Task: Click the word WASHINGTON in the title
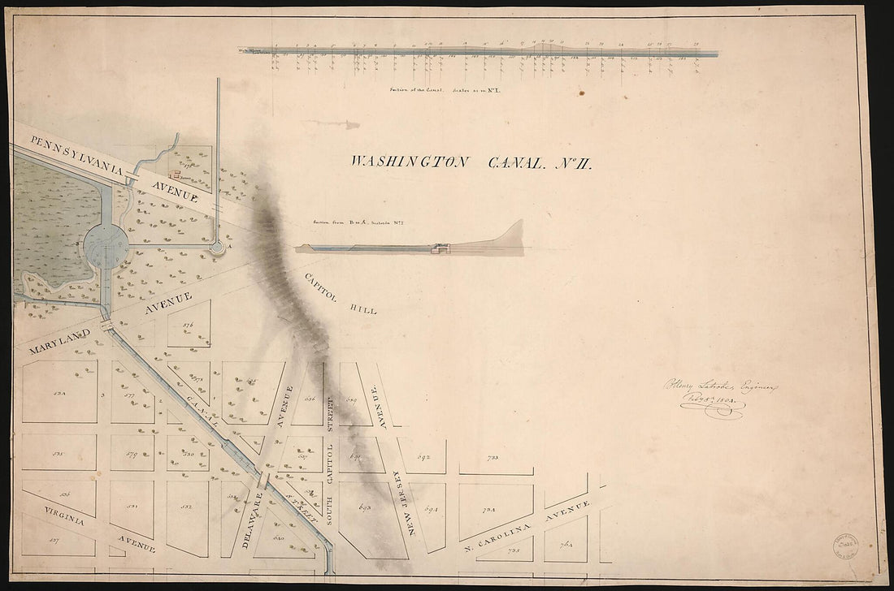pyautogui.click(x=409, y=162)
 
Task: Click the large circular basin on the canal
pyautogui.click(x=106, y=241)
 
